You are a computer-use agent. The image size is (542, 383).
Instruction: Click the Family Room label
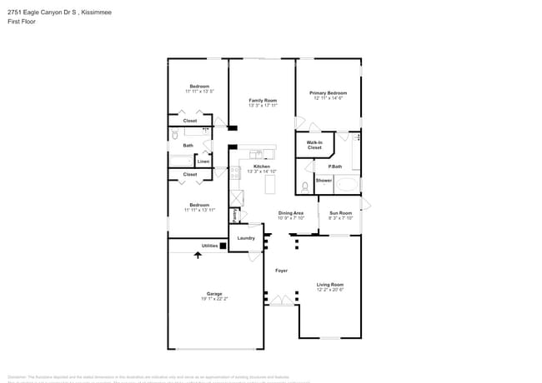pyautogui.click(x=262, y=100)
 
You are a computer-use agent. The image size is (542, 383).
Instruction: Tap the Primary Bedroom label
pyautogui.click(x=329, y=92)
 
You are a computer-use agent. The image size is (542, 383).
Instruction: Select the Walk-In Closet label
pyautogui.click(x=314, y=145)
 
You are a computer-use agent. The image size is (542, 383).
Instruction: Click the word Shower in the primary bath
pyautogui.click(x=324, y=180)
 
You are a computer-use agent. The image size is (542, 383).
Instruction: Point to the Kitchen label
pyautogui.click(x=262, y=167)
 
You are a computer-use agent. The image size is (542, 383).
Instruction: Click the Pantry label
pyautogui.click(x=235, y=215)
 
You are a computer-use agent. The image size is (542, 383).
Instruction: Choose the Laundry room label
pyautogui.click(x=246, y=238)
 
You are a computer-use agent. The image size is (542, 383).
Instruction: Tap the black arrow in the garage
pyautogui.click(x=198, y=255)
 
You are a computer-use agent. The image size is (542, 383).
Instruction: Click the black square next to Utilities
pyautogui.click(x=223, y=246)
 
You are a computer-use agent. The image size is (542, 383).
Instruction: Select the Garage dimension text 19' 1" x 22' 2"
pyautogui.click(x=214, y=298)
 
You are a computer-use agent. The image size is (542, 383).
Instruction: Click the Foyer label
pyautogui.click(x=282, y=270)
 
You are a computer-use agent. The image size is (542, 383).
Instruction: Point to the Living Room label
pyautogui.click(x=329, y=285)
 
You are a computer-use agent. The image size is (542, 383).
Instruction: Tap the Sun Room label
pyautogui.click(x=340, y=213)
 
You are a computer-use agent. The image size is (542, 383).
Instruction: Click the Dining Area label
pyautogui.click(x=291, y=213)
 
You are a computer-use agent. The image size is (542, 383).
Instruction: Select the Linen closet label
pyautogui.click(x=203, y=162)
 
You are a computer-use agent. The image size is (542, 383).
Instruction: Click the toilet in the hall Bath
pyautogui.click(x=175, y=134)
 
